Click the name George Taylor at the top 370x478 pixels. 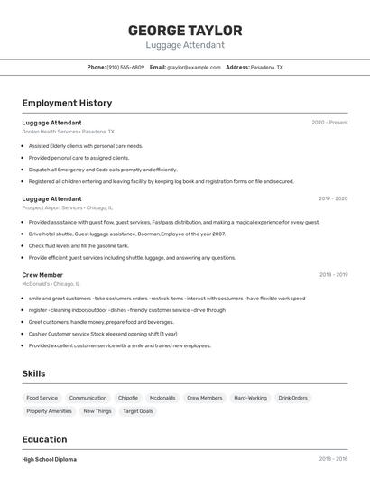[185, 30]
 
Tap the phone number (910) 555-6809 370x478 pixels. [125, 67]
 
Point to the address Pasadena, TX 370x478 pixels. [266, 67]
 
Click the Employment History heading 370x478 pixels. [67, 103]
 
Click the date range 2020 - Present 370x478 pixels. [329, 123]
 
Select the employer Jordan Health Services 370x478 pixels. [50, 132]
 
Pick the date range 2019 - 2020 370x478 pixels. [333, 198]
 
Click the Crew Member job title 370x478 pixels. [42, 274]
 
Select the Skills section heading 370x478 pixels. [33, 373]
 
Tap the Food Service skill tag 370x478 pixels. [42, 398]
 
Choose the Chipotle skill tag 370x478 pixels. [128, 398]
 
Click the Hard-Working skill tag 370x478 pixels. [250, 398]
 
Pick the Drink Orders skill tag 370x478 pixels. [292, 398]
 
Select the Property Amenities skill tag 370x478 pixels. [49, 411]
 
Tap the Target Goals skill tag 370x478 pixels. [138, 411]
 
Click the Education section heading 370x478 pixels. [44, 439]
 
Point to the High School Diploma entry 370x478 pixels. [49, 459]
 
